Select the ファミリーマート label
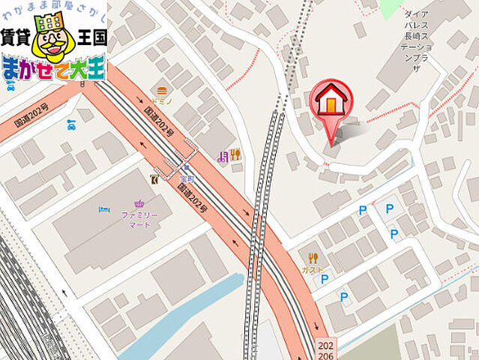pos(140,220)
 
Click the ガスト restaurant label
pos(312,269)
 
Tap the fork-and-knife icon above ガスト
pos(312,256)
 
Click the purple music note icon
pos(222,156)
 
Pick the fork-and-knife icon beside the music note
pos(235,155)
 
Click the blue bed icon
pos(104,209)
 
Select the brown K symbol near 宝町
pos(154,178)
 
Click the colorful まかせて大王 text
pos(52,68)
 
